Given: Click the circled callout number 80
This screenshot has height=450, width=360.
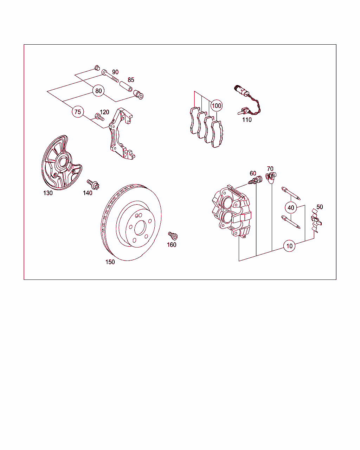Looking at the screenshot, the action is pos(98,91).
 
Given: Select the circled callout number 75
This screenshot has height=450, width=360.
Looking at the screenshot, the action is pos(78,112).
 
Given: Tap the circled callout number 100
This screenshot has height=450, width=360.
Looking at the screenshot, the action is pos(217,105).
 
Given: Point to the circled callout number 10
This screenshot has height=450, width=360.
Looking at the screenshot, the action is pos(289,246).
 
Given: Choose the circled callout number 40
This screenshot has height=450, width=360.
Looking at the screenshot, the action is pos(291,208).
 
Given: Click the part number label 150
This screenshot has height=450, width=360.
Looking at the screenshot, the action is pos(110,262).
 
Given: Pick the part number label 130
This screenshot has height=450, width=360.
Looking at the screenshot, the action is pos(48,193).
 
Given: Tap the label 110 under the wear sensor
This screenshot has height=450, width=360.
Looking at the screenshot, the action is pos(247,120).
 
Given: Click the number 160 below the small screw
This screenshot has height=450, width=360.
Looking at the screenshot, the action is pos(172,245).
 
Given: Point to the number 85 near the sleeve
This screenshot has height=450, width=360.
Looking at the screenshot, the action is pos(131,80).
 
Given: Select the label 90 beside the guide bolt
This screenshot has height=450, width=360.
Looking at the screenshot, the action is pos(115,72).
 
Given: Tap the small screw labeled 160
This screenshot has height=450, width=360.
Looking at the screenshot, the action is pos(173,236).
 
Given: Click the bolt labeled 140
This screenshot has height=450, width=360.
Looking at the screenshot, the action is pos(93,185).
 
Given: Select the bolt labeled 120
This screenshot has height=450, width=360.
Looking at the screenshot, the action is pos(99,117).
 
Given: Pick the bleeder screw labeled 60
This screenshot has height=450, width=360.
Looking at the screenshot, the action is pos(255,180).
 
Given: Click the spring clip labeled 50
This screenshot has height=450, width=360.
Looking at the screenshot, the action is pos(316,220).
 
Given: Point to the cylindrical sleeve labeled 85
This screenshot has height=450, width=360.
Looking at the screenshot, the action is pos(126,86).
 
